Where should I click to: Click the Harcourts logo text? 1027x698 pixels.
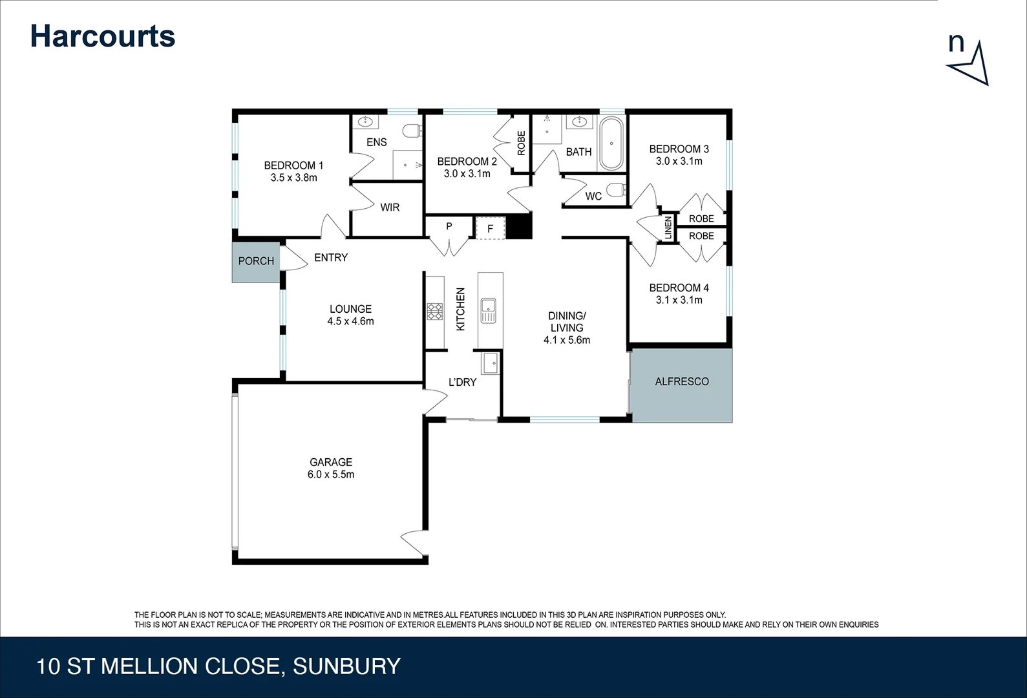(103, 36)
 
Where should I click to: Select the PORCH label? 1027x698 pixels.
(256, 261)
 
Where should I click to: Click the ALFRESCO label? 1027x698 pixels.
(682, 382)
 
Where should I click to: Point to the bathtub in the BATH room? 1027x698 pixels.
(611, 143)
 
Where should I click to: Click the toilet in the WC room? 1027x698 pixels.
(617, 190)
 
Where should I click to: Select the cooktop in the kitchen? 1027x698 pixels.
(434, 312)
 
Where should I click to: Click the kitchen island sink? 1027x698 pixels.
(488, 311)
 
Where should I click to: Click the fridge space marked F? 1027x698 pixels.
(490, 228)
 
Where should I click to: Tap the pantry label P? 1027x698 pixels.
(449, 227)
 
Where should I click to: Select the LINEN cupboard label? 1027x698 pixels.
(668, 227)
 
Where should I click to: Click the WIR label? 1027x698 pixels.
(390, 207)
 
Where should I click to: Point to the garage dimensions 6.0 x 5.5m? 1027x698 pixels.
(331, 474)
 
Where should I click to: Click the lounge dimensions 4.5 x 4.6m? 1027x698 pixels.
(350, 321)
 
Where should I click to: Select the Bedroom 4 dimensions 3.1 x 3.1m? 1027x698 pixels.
(679, 300)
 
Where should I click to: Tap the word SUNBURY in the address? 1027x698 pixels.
(347, 666)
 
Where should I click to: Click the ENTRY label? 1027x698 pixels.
(331, 258)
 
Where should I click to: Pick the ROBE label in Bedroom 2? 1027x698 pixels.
(521, 143)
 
